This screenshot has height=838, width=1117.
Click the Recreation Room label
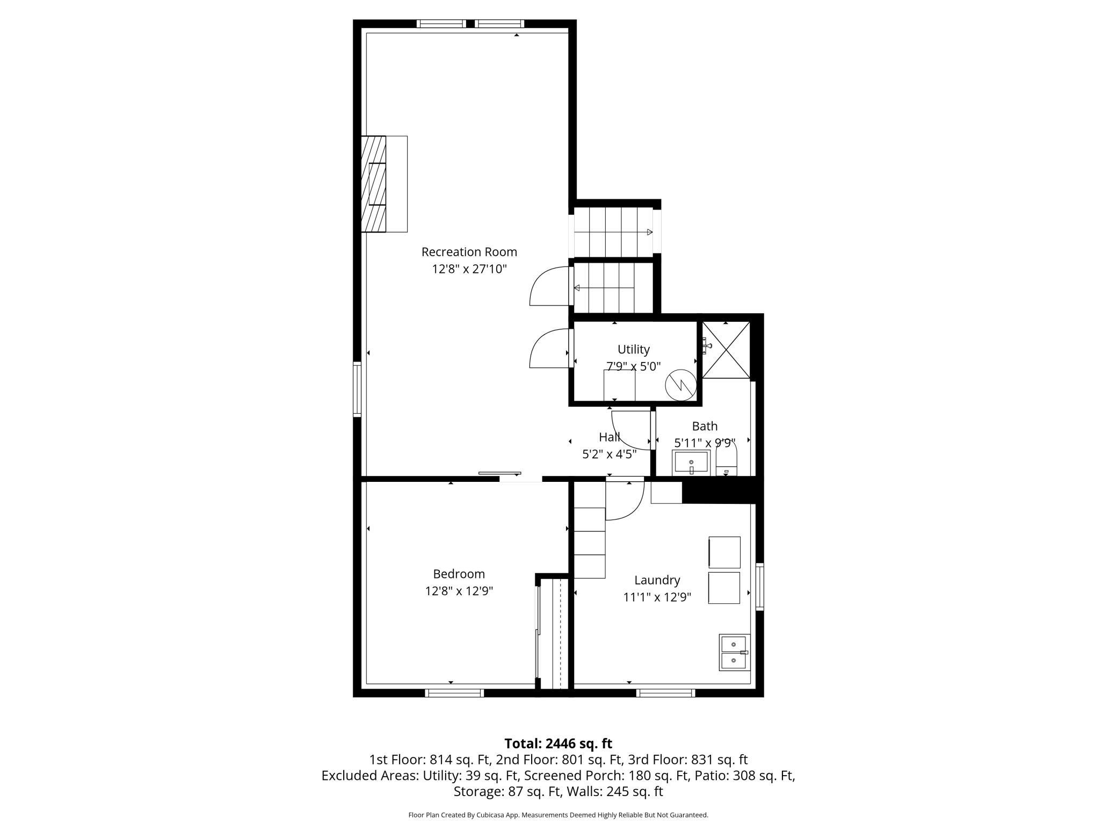coord(469,251)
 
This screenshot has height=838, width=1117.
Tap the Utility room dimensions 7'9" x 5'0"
coord(633,366)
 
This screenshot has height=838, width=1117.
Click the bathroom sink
coord(691,463)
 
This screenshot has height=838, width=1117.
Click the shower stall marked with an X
coord(726,350)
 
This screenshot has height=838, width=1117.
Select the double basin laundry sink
coord(734,652)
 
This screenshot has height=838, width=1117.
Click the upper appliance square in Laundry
coord(724,552)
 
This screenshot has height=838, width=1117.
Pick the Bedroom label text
coord(459,574)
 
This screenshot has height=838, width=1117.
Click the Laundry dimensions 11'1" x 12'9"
coord(657,597)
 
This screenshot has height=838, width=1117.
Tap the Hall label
coord(609,437)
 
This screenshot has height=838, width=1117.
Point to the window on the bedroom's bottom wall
coord(454,693)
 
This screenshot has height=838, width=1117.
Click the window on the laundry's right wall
coord(759,586)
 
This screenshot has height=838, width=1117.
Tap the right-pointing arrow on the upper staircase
coord(649,232)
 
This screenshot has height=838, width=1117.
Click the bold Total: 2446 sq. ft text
coord(558,743)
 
